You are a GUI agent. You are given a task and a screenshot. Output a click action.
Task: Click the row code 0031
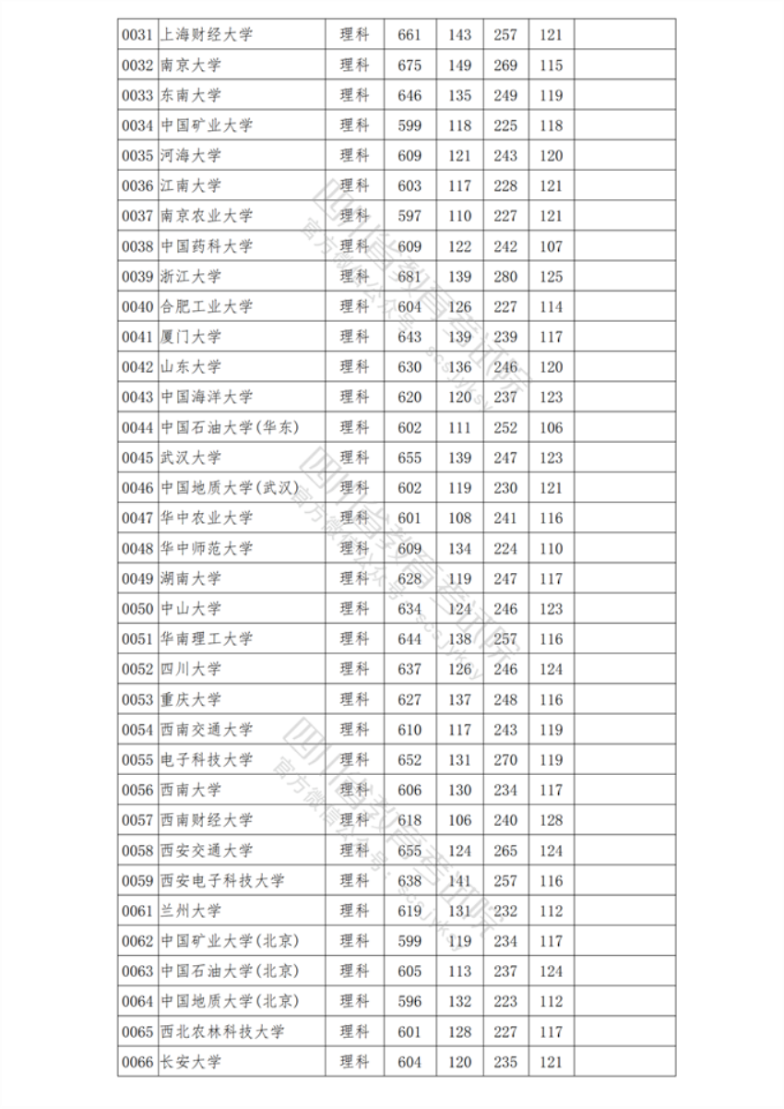click(x=137, y=35)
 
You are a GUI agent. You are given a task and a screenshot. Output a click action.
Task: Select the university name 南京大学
click(x=191, y=66)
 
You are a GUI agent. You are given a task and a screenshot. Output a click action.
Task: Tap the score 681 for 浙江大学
click(x=410, y=277)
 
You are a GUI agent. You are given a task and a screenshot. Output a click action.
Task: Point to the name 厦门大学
click(x=191, y=337)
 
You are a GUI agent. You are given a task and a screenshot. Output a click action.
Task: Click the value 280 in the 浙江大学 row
click(x=505, y=277)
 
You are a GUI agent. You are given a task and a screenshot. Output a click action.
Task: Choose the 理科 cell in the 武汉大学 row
click(x=354, y=458)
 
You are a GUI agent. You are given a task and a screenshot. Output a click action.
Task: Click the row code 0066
click(x=137, y=1062)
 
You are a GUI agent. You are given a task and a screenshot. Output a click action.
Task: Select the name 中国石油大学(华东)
click(x=230, y=427)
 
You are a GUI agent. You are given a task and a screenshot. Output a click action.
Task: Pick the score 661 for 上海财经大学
click(x=410, y=35)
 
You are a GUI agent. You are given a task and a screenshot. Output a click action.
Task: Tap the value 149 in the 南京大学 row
click(x=459, y=66)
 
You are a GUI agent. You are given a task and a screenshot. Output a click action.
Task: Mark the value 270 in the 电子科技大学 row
click(x=505, y=760)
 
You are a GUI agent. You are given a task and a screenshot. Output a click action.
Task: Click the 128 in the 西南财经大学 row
click(x=551, y=820)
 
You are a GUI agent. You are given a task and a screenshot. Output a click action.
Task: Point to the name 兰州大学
click(x=191, y=911)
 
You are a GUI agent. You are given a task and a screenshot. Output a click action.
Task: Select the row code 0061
click(x=137, y=911)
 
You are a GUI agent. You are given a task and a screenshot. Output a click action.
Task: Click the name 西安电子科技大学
click(x=222, y=881)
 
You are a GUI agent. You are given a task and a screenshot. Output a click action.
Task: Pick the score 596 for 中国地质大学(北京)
click(x=410, y=1001)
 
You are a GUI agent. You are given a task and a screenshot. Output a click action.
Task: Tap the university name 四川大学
click(x=191, y=669)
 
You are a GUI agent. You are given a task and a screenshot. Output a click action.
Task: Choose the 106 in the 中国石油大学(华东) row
click(x=551, y=427)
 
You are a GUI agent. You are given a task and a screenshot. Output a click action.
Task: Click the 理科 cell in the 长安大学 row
click(x=354, y=1062)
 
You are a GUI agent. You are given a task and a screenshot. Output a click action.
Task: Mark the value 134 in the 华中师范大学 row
click(x=459, y=548)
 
